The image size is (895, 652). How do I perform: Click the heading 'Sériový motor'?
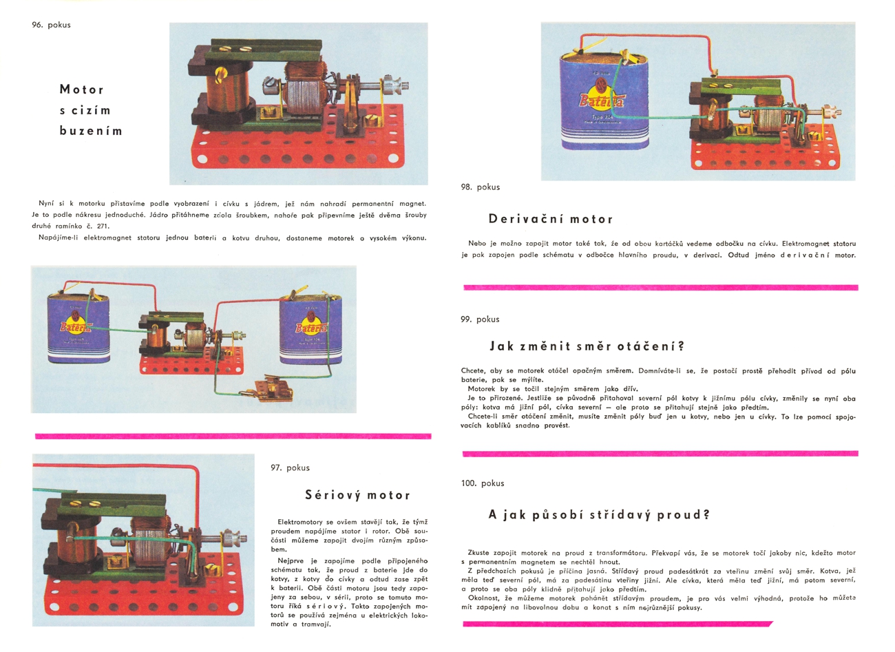click(357, 496)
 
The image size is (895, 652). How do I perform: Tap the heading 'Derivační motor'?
click(551, 219)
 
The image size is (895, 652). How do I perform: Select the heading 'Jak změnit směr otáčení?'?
click(587, 346)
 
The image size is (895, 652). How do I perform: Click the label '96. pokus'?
click(51, 25)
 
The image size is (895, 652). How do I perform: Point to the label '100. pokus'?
click(483, 483)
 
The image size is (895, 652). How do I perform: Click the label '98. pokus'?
click(481, 187)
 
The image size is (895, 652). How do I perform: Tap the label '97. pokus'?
click(290, 467)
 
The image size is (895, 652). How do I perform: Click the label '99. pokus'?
click(480, 319)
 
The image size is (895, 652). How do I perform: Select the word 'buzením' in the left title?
click(91, 131)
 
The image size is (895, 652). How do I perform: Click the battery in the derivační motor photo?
click(604, 102)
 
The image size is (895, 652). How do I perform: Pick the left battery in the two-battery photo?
click(78, 328)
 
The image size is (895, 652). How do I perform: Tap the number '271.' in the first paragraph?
click(103, 226)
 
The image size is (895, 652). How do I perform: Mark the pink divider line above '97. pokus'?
click(233, 437)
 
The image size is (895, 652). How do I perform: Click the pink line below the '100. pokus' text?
click(618, 624)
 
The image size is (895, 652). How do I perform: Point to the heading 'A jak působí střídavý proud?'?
click(599, 514)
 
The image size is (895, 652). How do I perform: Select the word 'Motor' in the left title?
click(81, 89)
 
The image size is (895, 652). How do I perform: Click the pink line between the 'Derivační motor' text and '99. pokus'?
click(661, 288)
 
